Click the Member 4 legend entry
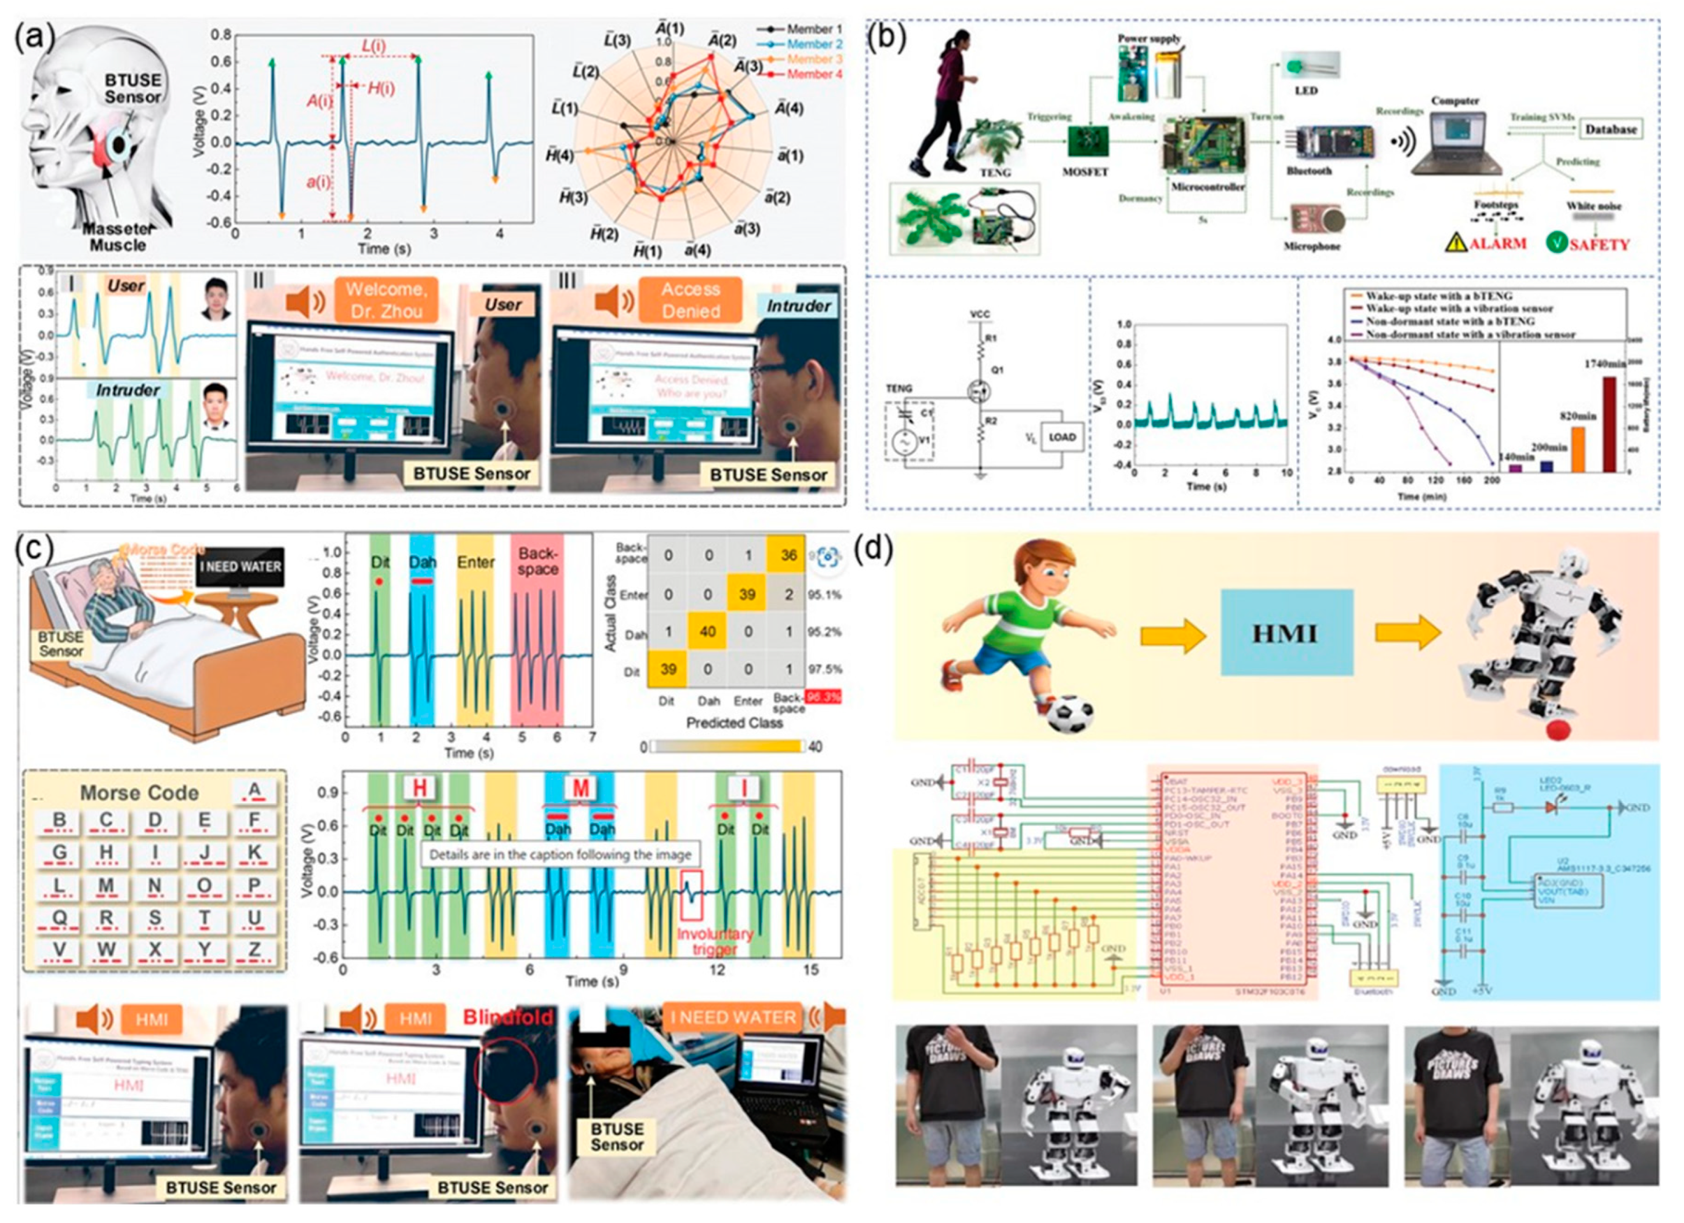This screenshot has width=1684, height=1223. [813, 74]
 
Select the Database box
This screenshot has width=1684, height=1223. [1610, 129]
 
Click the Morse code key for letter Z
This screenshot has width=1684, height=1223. [254, 953]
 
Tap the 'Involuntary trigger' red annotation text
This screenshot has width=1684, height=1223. [715, 941]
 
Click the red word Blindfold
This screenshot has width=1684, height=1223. [508, 1017]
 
